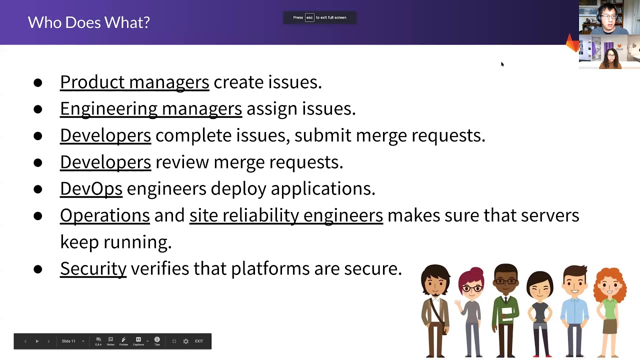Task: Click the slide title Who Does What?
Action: click(88, 22)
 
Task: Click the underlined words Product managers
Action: click(134, 82)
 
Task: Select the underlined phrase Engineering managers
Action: click(150, 108)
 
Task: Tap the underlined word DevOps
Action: click(91, 188)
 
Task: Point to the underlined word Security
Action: click(93, 268)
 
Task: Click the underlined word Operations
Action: click(104, 215)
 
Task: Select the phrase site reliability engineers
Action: click(286, 215)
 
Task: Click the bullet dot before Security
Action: click(38, 269)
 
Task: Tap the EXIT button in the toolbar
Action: click(199, 341)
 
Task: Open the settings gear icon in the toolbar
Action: click(185, 341)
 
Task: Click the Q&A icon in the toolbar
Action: click(98, 341)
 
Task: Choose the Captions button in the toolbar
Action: click(138, 341)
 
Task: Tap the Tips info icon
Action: click(157, 341)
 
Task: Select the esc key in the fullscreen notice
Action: click(309, 17)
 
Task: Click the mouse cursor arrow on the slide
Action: click(502, 64)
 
